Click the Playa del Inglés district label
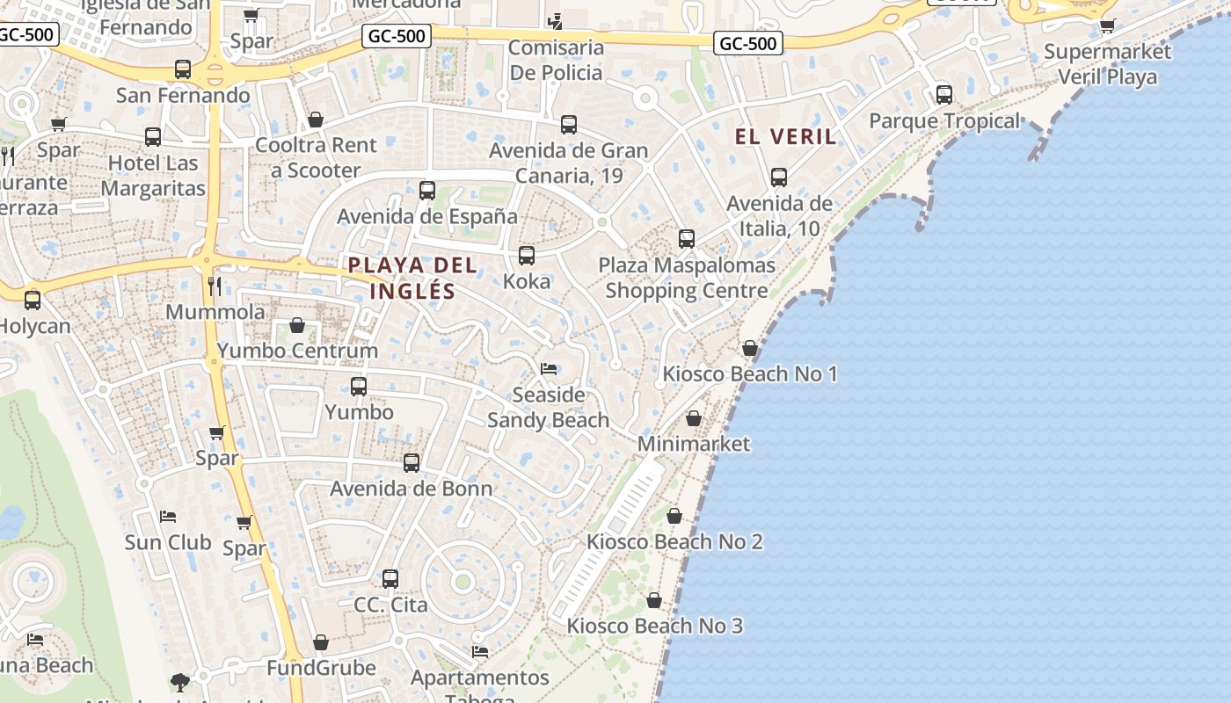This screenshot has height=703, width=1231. (412, 278)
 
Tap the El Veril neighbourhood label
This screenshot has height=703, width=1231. (786, 137)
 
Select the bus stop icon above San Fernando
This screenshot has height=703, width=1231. (183, 69)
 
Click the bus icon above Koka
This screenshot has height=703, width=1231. (527, 256)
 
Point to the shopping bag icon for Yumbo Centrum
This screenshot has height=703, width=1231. (297, 325)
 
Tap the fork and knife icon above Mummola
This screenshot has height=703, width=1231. (214, 286)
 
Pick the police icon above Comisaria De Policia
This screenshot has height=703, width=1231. (555, 21)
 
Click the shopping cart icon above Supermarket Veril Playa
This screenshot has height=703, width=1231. (1108, 25)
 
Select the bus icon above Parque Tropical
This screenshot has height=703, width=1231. (944, 95)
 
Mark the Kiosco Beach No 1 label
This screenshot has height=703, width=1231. (750, 373)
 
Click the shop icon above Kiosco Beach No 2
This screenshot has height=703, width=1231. (674, 516)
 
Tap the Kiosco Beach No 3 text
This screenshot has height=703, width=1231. (655, 626)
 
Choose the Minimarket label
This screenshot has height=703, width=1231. (694, 444)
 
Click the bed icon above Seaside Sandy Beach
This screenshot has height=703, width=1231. (549, 369)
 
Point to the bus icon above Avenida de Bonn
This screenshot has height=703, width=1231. (412, 463)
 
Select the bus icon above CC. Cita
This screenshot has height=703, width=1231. (390, 579)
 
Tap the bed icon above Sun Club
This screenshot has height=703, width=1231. (168, 517)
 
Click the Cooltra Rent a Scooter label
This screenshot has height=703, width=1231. (316, 157)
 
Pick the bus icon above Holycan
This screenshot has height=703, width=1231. (33, 300)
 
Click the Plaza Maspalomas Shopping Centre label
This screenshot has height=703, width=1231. (687, 277)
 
